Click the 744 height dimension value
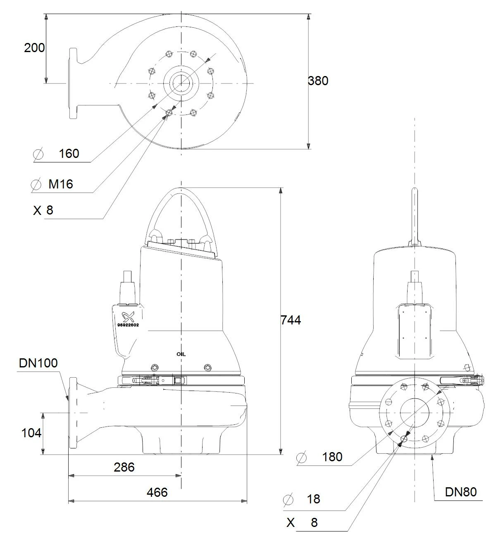[291, 320]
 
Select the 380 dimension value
[318, 81]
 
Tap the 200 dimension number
[35, 48]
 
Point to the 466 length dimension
[157, 493]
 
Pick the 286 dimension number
[124, 467]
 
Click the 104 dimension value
[31, 433]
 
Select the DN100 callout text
[38, 363]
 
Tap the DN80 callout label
[461, 492]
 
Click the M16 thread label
[61, 184]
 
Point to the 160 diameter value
[69, 154]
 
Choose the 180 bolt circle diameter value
[332, 457]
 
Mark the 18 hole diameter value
[313, 499]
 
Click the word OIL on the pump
[181, 354]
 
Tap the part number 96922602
[128, 325]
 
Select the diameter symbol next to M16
[36, 185]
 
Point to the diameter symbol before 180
[302, 458]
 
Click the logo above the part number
[128, 317]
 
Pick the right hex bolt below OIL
[207, 367]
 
